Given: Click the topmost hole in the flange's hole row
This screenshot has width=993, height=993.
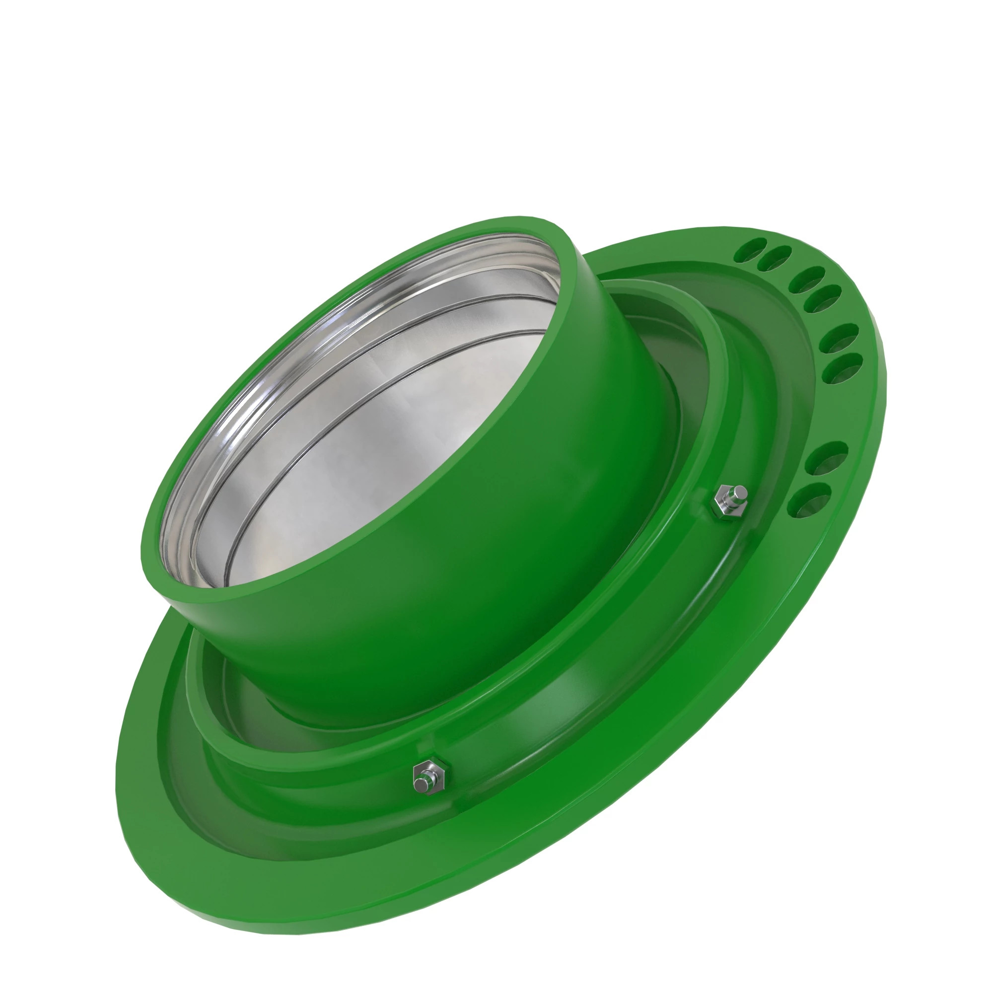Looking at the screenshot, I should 751,249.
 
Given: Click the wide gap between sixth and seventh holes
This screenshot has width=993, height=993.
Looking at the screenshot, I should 843,411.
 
